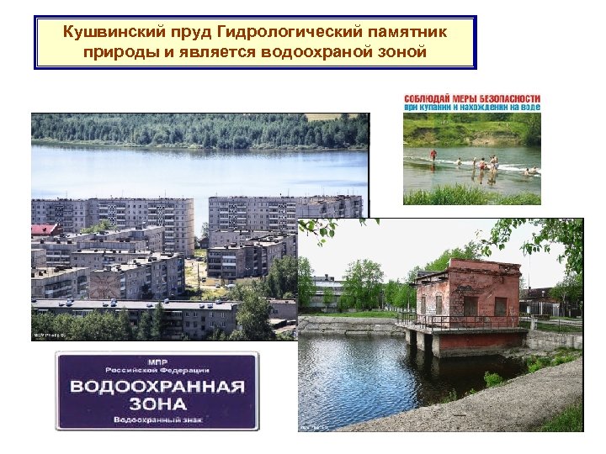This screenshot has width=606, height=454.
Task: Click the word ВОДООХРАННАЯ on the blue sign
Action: pos(157,388)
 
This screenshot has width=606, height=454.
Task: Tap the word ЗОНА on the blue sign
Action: pos(157,404)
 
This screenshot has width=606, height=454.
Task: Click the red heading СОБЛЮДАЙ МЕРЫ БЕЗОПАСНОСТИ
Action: pos(472,98)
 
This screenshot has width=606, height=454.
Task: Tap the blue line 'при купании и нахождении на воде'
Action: pos(472,108)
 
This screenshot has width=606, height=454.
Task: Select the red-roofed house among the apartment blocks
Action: pos(45,230)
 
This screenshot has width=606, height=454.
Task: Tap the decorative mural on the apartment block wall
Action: pos(106,283)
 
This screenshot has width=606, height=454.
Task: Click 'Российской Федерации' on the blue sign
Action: pos(157,370)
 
